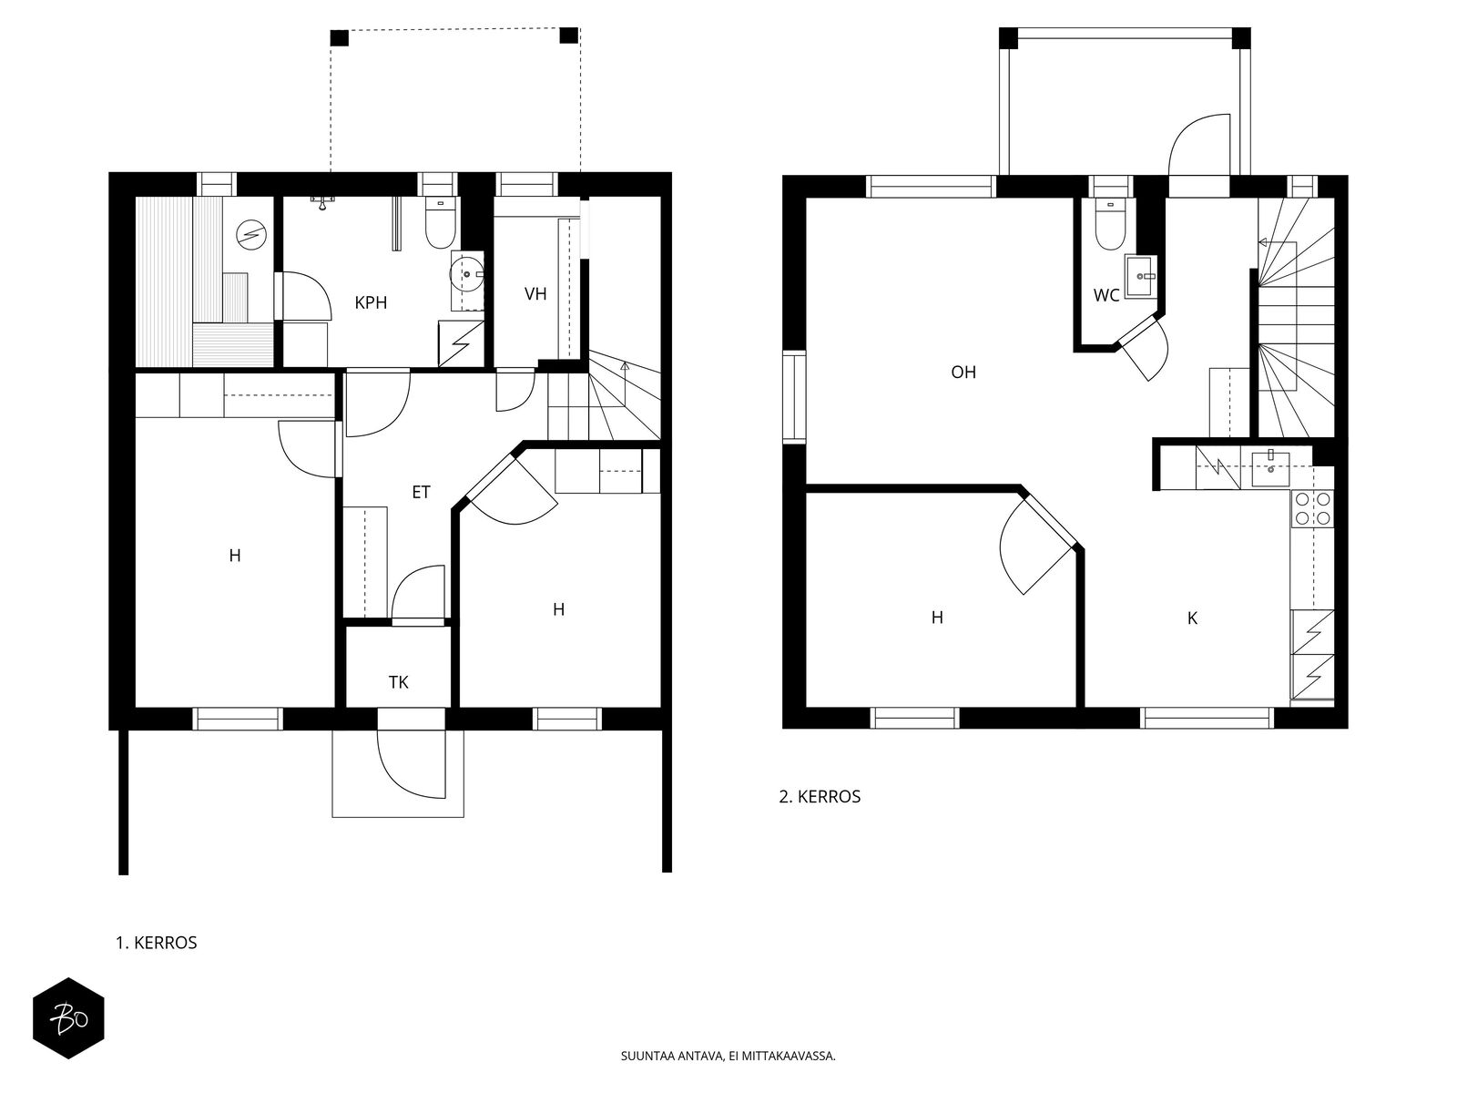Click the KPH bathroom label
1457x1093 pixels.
[371, 302]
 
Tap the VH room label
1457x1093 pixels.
[535, 293]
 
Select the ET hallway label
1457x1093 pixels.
[421, 492]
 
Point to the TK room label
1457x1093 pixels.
[398, 682]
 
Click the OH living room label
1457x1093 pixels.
[963, 373]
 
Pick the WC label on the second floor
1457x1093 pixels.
[1105, 295]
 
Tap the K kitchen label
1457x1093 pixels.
[1192, 618]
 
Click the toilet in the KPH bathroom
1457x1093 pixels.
[440, 223]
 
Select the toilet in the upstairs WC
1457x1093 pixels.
[1110, 224]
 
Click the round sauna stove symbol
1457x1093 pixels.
[251, 234]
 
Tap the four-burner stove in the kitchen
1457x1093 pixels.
[1312, 508]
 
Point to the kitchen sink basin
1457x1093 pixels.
[1270, 468]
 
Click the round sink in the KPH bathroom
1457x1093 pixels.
[467, 273]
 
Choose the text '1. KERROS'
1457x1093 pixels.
[157, 943]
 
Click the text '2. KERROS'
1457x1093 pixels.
[820, 796]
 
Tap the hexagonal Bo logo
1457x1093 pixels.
[69, 1018]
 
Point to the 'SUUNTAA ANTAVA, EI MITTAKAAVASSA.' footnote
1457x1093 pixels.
[728, 1055]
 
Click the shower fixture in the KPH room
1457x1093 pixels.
[322, 201]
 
